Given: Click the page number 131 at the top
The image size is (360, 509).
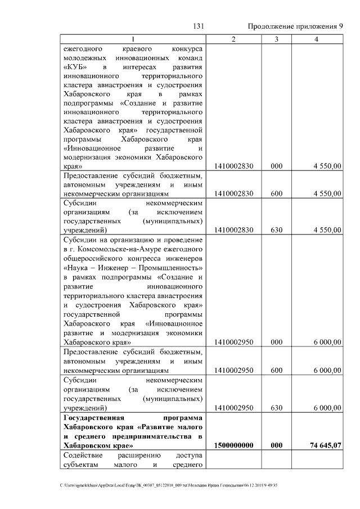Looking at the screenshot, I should click(x=198, y=26).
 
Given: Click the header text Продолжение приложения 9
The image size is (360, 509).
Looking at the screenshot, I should click(x=295, y=26).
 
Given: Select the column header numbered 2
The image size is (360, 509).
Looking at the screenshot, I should click(x=233, y=39).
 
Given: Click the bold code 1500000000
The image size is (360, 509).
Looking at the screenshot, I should click(x=233, y=445).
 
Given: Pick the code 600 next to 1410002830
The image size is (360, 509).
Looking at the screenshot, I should click(x=276, y=193).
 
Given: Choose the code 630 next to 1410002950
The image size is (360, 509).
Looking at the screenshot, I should click(x=276, y=407).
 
